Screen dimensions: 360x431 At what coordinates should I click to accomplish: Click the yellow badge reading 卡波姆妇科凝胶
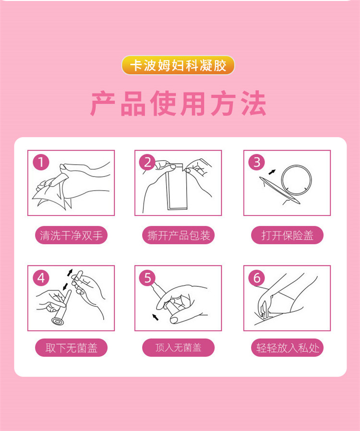(x=178, y=65)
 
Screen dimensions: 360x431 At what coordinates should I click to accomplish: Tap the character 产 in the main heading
(x=103, y=103)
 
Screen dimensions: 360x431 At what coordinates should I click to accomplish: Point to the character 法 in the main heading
(x=253, y=103)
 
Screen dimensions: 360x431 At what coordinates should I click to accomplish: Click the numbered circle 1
(x=41, y=162)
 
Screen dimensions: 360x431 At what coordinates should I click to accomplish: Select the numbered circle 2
(x=147, y=162)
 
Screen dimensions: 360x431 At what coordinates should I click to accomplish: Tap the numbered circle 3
(x=257, y=162)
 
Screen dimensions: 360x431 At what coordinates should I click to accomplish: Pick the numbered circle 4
(x=41, y=277)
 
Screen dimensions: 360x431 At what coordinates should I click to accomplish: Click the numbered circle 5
(x=147, y=277)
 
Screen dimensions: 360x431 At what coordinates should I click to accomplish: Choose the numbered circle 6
(x=257, y=277)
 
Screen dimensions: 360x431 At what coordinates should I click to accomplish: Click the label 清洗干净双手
(x=71, y=235)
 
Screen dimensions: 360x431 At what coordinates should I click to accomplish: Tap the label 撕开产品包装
(x=179, y=235)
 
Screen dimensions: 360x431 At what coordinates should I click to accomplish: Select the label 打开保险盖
(x=287, y=235)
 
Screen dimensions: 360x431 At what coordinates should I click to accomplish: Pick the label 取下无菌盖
(x=71, y=347)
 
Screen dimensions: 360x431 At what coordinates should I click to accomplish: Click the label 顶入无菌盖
(x=179, y=347)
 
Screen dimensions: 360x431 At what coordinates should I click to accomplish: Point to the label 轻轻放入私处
(x=287, y=347)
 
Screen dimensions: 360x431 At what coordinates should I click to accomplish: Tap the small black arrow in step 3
(x=272, y=172)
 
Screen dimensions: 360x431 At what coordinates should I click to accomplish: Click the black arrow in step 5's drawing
(x=156, y=317)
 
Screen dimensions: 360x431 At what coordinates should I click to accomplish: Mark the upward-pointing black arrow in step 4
(x=70, y=273)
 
